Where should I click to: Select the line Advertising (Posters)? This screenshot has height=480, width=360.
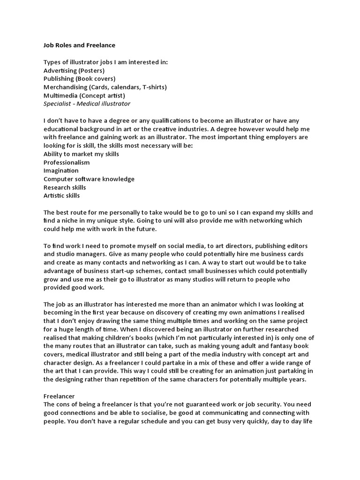click(74, 70)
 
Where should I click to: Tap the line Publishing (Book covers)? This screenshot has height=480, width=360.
click(79, 79)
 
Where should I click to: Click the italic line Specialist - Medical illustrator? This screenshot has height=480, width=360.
click(87, 104)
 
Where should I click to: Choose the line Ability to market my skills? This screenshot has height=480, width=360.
click(81, 154)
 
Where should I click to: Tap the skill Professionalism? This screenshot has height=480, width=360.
click(67, 162)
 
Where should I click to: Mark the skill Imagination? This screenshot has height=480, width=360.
click(61, 171)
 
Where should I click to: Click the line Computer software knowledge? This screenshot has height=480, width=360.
click(89, 179)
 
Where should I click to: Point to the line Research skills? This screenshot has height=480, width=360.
click(65, 187)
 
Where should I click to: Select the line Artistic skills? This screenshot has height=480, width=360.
click(61, 195)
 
